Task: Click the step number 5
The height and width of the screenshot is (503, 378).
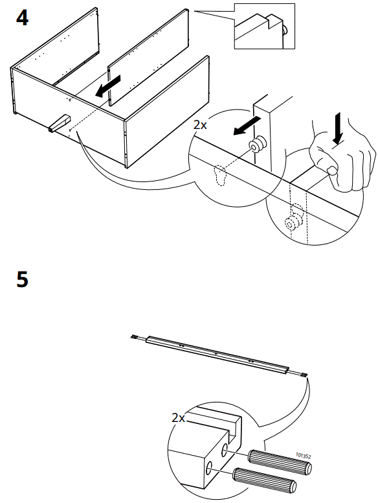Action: tap(22, 281)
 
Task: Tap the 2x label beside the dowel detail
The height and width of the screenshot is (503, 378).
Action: tap(179, 418)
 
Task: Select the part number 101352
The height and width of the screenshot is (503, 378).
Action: tap(302, 456)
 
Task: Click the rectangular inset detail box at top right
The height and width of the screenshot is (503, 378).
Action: tap(263, 27)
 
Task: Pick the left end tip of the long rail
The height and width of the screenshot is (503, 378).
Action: tap(134, 336)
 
